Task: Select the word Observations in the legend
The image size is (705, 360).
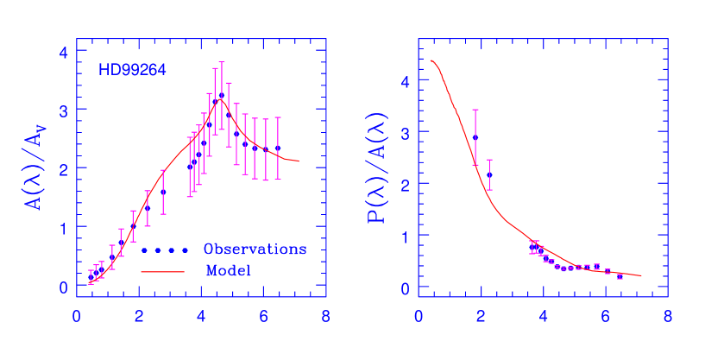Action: coord(255,249)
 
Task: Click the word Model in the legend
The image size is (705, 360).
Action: coord(229,271)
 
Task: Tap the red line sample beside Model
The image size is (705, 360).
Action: coord(163,271)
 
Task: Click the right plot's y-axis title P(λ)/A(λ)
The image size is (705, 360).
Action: coord(378,169)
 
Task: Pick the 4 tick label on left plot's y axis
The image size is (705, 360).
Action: coord(63,52)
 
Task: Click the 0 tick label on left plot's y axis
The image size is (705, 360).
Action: coord(63,287)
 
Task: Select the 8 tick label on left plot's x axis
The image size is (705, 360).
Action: coord(325,316)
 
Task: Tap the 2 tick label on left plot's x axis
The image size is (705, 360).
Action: coord(139,316)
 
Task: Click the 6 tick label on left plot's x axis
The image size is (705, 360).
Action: coord(263,316)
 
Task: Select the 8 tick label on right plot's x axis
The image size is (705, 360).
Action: coord(667,316)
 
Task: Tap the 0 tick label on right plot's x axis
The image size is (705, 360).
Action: coord(419,316)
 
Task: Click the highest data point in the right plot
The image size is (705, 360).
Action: coord(475,137)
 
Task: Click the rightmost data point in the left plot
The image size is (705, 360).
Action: coord(278,148)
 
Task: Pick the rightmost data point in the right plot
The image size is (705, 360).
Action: coord(620,275)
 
